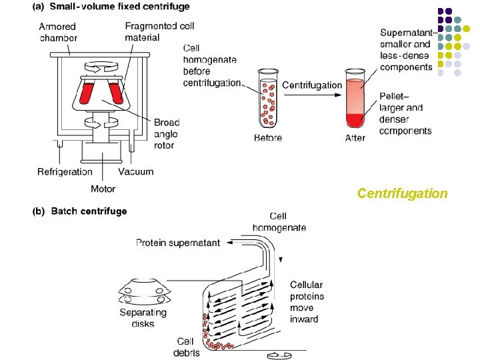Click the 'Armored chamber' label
58,32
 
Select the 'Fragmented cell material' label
151,31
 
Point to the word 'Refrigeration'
65,172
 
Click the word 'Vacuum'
136,172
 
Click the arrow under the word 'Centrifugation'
311,96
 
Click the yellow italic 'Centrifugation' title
402,193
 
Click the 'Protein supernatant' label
177,243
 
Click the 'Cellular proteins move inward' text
307,302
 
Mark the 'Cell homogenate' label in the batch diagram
279,221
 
